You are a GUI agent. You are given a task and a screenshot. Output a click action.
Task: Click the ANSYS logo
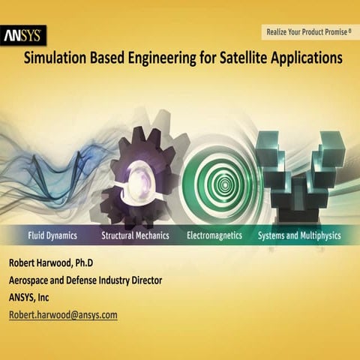pyautogui.click(x=24, y=34)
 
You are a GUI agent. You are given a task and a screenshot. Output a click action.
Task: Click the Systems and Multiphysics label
pyautogui.click(x=298, y=235)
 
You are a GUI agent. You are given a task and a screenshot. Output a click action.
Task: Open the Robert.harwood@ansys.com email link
pyautogui.click(x=63, y=315)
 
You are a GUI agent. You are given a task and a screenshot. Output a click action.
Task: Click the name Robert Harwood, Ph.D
pyautogui.click(x=52, y=263)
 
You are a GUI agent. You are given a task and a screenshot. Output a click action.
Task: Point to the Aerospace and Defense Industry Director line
pyautogui.click(x=85, y=280)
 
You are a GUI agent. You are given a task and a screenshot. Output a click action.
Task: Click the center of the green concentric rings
pyautogui.click(x=223, y=180)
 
